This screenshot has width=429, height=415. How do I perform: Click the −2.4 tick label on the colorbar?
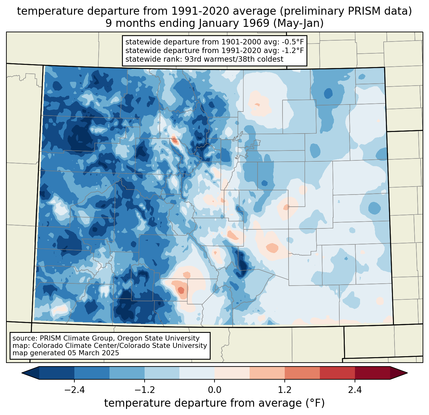[x=74, y=390]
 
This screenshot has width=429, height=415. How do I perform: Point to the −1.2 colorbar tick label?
[x=145, y=390]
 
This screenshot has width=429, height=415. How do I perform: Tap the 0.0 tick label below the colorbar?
[x=214, y=390]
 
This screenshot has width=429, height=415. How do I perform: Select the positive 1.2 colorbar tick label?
[x=285, y=390]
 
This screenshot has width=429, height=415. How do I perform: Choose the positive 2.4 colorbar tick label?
[x=355, y=390]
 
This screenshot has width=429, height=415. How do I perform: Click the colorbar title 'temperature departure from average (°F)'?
[x=214, y=403]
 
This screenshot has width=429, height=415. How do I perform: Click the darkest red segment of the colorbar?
[x=372, y=373]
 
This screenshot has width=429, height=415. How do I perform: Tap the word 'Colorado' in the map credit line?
[x=46, y=346]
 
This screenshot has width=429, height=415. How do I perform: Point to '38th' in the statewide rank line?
[x=246, y=59]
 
